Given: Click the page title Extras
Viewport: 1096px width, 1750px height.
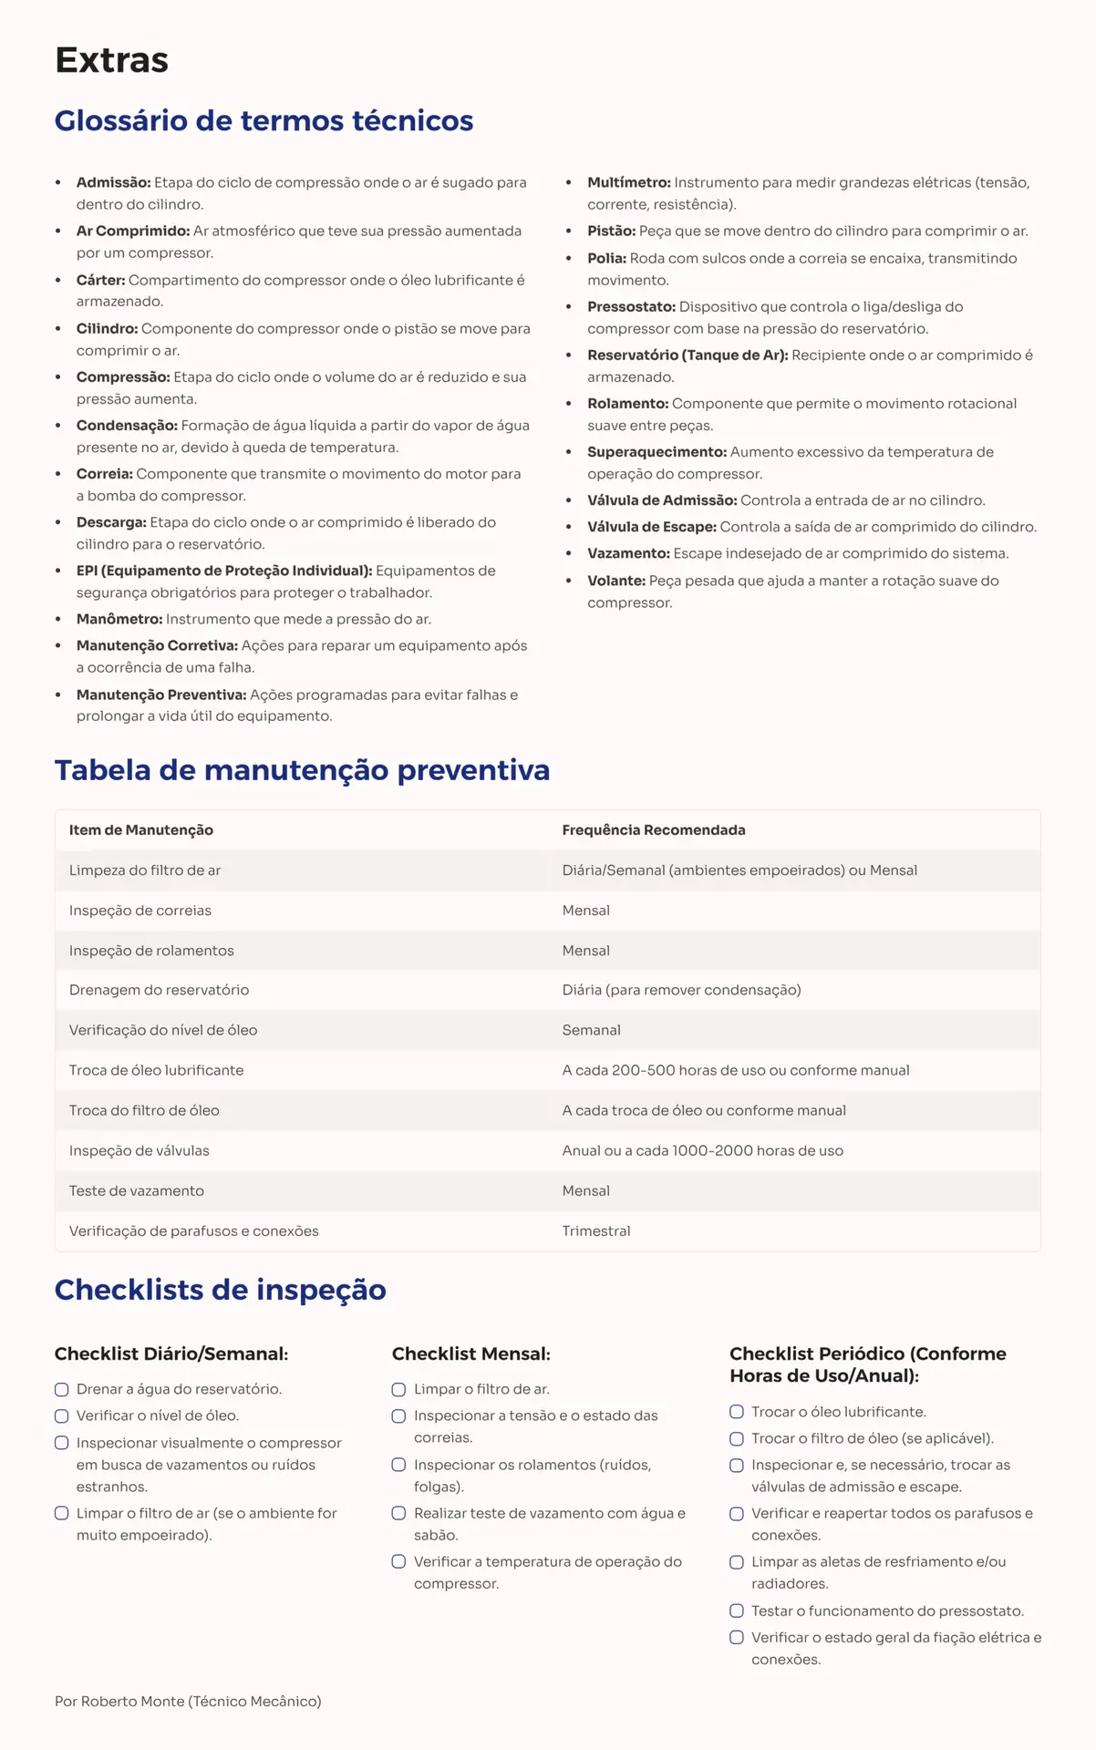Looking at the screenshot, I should [111, 60].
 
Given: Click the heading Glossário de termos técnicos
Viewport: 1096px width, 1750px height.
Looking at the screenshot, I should [264, 120].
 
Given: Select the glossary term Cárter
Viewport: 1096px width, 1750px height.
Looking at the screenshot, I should [100, 280].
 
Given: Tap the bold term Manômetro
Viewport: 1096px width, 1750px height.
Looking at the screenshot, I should [119, 619].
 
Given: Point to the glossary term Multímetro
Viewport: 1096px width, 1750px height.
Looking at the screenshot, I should [628, 182].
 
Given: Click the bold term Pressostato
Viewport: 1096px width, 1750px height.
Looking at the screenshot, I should [631, 306].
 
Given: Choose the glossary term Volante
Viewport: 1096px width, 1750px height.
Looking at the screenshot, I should [615, 581].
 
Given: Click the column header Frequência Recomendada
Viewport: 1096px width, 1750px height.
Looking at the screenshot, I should [653, 829].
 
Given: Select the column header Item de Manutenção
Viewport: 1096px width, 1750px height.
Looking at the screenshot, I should [141, 829].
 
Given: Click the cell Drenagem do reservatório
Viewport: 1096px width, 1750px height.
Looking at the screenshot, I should [159, 990].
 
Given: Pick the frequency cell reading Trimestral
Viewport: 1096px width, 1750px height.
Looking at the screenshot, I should [595, 1230].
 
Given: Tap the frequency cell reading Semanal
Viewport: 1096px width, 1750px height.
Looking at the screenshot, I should [591, 1030].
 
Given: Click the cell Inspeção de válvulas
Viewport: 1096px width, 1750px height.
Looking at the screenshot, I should [139, 1150].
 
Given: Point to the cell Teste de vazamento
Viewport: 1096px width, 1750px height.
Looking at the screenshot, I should [136, 1190].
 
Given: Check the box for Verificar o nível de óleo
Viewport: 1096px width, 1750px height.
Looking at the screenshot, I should [62, 1415].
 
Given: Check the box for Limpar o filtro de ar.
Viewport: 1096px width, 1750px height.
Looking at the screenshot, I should [399, 1389].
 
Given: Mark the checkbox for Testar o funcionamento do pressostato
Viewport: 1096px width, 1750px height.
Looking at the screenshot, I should [737, 1611].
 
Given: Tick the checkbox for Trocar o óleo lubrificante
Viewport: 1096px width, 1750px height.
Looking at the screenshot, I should [737, 1412].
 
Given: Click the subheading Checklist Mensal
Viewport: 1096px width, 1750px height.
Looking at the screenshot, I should [470, 1354].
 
